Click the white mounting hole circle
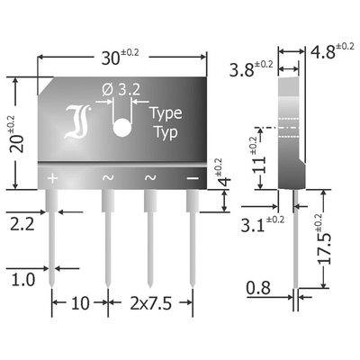pyautogui.click(x=122, y=127)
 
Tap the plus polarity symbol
pyautogui.click(x=52, y=178)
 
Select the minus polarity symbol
pyautogui.click(x=193, y=178)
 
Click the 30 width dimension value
pyautogui.click(x=111, y=58)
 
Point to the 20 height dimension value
pyautogui.click(x=16, y=144)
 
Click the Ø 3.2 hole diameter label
pyautogui.click(x=121, y=89)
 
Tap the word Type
pyautogui.click(x=166, y=113)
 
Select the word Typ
pyautogui.click(x=165, y=132)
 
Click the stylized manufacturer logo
pyautogui.click(x=77, y=121)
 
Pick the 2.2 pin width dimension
pyautogui.click(x=22, y=224)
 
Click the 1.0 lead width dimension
pyautogui.click(x=23, y=280)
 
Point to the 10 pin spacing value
pyautogui.click(x=80, y=303)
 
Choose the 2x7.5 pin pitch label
pyautogui.click(x=151, y=303)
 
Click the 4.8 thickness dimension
pyautogui.click(x=322, y=52)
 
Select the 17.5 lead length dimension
pyautogui.click(x=325, y=247)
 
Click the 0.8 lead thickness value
pyautogui.click(x=258, y=288)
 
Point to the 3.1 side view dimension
pyautogui.click(x=253, y=226)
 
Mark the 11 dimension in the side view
pyautogui.click(x=259, y=165)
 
